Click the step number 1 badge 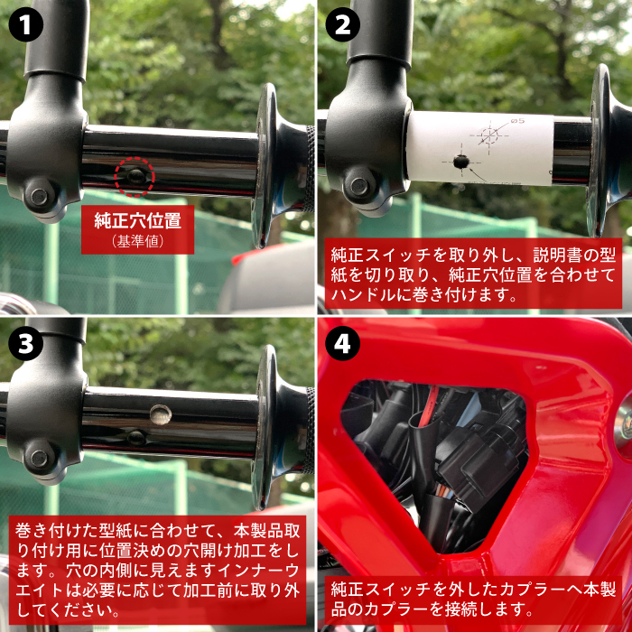(x=26, y=25)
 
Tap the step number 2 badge (x=342, y=25)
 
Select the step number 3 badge (x=26, y=343)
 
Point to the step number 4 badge (x=342, y=343)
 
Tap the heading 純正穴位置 (x=137, y=220)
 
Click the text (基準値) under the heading (x=138, y=241)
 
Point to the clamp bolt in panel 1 (x=39, y=196)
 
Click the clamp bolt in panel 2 (x=358, y=186)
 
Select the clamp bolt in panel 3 (x=39, y=459)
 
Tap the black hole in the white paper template (x=461, y=162)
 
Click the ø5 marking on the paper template (x=517, y=120)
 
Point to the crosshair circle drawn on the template (x=489, y=135)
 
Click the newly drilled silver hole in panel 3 (x=161, y=414)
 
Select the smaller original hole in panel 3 (x=136, y=438)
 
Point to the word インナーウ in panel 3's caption (x=258, y=571)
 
